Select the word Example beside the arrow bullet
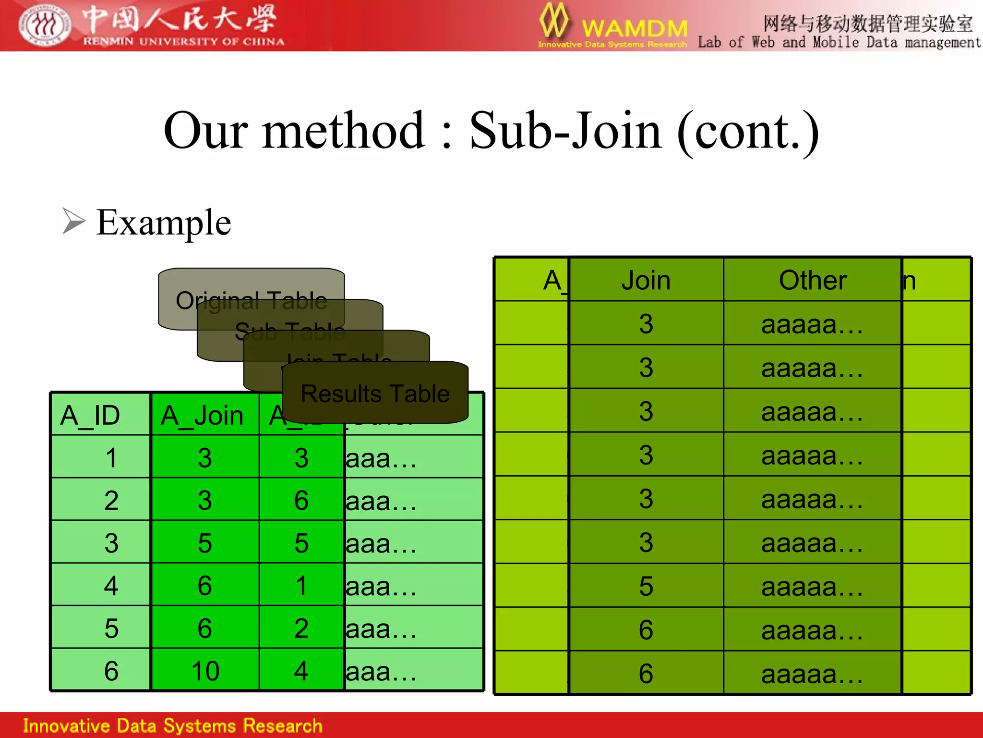tap(163, 222)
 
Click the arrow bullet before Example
tap(73, 221)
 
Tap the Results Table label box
tap(375, 393)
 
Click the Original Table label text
tap(251, 300)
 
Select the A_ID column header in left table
tap(90, 415)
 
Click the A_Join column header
tap(202, 415)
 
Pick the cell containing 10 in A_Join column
tap(205, 671)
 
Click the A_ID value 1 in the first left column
tap(111, 457)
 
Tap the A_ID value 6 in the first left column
tap(111, 671)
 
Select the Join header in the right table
tap(646, 280)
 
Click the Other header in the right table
tap(813, 280)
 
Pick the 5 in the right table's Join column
tap(646, 586)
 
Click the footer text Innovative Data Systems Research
tap(173, 726)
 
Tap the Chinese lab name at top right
tap(867, 23)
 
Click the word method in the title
tap(343, 131)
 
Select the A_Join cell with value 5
tap(205, 543)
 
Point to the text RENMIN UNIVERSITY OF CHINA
tap(183, 42)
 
